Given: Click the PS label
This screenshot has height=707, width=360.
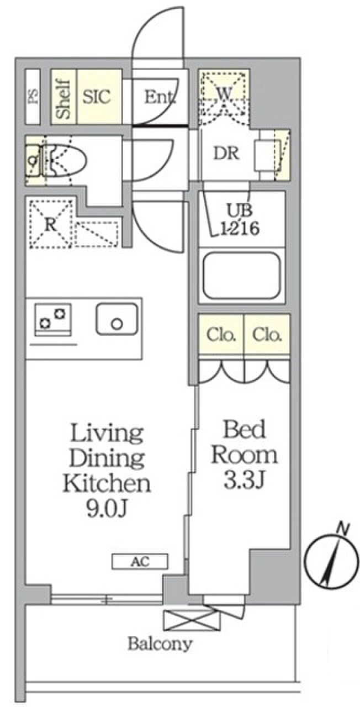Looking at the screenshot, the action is [33, 96].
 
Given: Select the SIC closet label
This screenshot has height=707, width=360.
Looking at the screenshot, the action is [97, 97].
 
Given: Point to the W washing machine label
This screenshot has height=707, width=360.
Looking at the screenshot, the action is [224, 93].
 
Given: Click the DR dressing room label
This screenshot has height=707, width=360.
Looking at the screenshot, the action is [226, 154].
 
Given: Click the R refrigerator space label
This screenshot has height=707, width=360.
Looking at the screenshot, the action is [51, 225].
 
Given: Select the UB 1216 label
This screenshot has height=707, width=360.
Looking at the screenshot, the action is [240, 219].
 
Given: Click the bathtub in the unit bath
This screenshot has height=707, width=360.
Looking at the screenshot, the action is [242, 276].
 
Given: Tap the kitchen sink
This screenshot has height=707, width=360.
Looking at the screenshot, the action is [117, 319].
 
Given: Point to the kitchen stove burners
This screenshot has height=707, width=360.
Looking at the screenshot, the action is [53, 319].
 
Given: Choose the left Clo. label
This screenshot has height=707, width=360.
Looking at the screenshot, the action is [221, 335].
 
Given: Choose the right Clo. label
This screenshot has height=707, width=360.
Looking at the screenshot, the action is [267, 335].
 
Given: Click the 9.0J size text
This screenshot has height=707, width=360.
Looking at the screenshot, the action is [107, 509].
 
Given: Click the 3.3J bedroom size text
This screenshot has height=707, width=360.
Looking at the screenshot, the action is [243, 480].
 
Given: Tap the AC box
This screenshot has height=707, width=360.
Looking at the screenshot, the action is [140, 562].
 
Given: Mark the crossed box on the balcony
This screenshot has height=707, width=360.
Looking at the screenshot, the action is [192, 620].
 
